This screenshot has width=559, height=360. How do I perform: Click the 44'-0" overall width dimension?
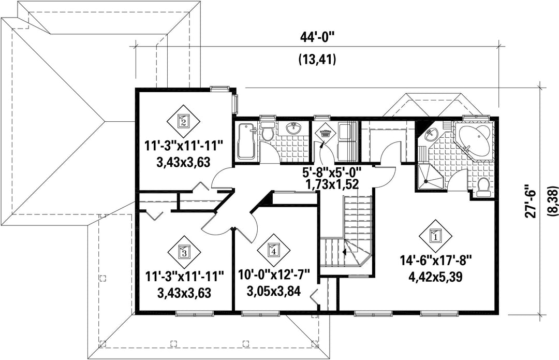point(317,37)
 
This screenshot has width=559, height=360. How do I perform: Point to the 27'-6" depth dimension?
point(531,200)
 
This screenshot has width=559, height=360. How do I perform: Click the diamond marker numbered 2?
point(183,121)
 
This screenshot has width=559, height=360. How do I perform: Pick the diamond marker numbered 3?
point(184,253)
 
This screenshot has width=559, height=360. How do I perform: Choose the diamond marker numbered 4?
point(274,251)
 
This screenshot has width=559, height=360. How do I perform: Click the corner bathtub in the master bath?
point(475,140)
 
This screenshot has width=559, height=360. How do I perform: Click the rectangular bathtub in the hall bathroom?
point(246,141)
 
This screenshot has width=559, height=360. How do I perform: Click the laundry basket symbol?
point(325,135)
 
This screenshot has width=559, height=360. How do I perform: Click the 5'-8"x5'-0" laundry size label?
point(332,172)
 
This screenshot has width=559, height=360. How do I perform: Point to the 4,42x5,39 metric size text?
point(436,277)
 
